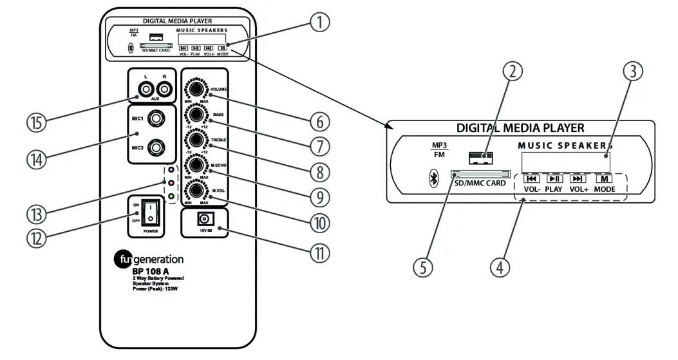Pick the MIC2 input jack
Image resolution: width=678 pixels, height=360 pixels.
point(156,148)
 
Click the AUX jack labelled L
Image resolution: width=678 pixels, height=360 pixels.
point(147,91)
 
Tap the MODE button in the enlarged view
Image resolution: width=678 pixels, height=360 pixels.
point(603,179)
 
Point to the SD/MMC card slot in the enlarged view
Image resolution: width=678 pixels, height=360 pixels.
point(480,174)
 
